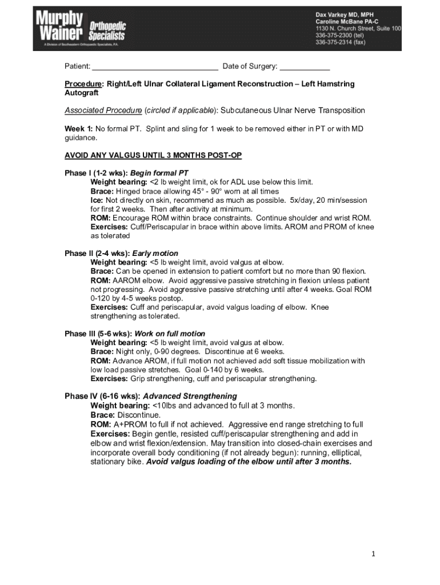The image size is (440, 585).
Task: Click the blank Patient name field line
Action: [155, 67]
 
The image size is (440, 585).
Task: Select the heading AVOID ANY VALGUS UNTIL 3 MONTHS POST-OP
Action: [153, 155]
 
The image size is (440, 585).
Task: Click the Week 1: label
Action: [78, 129]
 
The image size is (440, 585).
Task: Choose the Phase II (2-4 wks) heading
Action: [97, 253]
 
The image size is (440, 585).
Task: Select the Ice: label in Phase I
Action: [97, 200]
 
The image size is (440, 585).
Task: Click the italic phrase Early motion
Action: [155, 253]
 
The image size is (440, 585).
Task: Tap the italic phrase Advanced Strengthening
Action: [190, 396]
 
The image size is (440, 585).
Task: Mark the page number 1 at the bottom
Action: [372, 554]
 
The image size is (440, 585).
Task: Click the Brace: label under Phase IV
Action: [103, 415]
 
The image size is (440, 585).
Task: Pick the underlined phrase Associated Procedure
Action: [103, 110]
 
